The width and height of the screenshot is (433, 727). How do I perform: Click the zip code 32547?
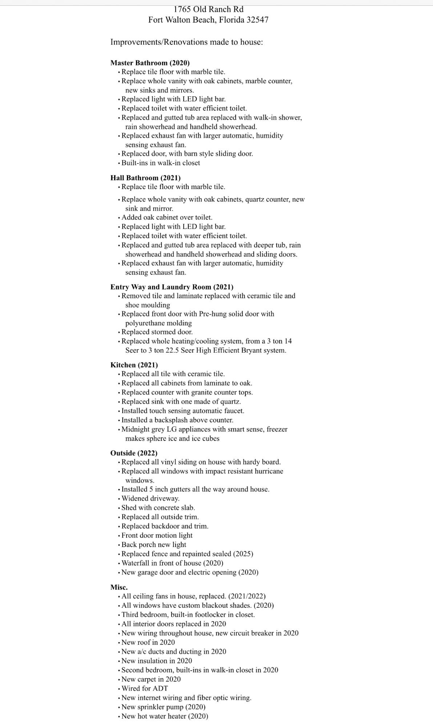coord(257,20)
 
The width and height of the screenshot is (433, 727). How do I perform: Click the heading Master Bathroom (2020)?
coord(150,63)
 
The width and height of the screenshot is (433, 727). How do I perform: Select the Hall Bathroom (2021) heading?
coord(145,178)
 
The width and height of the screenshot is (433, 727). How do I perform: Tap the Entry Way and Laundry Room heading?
coord(172,287)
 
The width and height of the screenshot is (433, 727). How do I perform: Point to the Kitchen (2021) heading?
coord(134,365)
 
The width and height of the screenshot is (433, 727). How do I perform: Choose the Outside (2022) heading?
coord(134,453)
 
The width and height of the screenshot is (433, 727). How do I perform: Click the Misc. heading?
coord(119,587)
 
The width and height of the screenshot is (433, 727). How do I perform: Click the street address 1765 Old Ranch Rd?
coord(208,9)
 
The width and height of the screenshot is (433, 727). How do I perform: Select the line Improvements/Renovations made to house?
coord(187,42)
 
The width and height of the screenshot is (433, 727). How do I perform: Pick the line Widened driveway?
coord(150,498)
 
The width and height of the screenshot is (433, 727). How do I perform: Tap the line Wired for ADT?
coord(144,688)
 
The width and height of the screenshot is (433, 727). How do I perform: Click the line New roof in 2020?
coord(148,642)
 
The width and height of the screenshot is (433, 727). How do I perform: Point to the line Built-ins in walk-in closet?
coord(160,163)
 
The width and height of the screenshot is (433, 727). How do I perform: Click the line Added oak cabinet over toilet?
coord(167,217)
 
